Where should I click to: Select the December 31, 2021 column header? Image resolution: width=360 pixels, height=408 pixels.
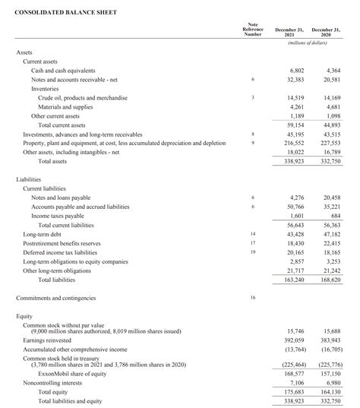[x=290, y=31]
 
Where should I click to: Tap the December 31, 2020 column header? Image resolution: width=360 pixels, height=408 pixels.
[x=327, y=31]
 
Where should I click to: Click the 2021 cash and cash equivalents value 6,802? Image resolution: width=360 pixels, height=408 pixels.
[x=295, y=70]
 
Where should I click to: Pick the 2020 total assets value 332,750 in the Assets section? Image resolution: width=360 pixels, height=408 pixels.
[x=330, y=161]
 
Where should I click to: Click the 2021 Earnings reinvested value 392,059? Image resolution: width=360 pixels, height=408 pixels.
[x=293, y=340]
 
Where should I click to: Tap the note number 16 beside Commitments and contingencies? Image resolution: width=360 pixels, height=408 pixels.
[x=252, y=297]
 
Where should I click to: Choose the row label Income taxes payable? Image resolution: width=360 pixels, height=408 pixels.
[x=58, y=216]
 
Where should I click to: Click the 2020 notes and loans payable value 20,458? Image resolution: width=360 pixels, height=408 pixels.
[x=330, y=198]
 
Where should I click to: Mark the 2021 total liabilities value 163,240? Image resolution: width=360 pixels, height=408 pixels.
[x=293, y=280]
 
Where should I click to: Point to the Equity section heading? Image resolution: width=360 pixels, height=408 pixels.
[x=24, y=315]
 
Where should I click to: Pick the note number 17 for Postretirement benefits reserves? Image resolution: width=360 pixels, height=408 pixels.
[x=252, y=243]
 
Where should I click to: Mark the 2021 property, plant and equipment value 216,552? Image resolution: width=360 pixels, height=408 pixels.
[x=293, y=143]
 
